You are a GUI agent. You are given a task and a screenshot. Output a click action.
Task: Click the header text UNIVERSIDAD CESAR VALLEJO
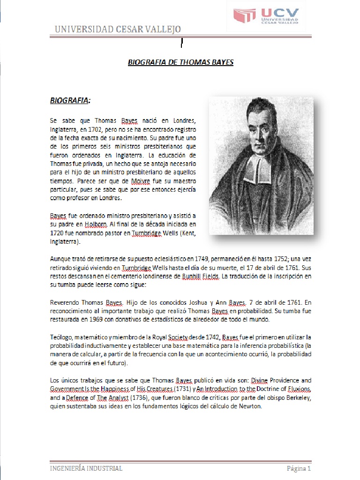118,30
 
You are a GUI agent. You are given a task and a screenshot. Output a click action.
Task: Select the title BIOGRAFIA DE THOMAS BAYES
180,62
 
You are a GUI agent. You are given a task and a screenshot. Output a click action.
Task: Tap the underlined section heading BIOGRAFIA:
70,101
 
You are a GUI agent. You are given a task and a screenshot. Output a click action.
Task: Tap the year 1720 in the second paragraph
58,233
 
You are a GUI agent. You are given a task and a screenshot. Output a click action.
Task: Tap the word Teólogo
61,337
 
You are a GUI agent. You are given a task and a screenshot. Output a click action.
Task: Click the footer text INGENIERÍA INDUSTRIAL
86,468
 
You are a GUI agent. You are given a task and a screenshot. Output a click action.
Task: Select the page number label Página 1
299,468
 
